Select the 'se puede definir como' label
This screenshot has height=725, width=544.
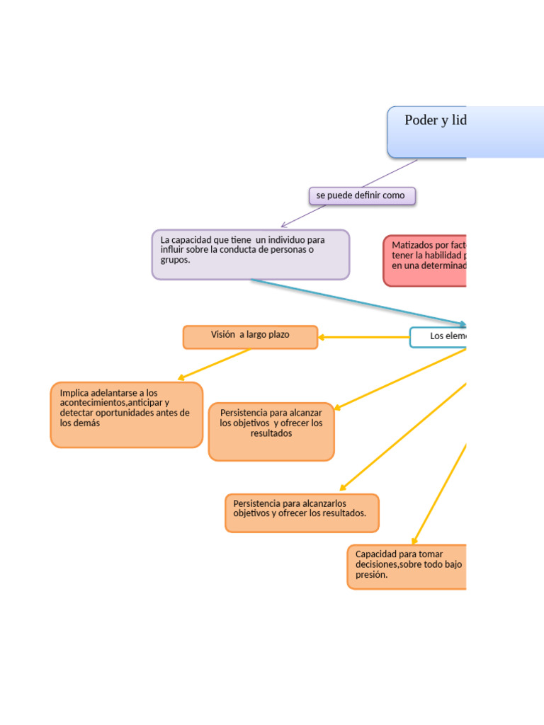point(362,195)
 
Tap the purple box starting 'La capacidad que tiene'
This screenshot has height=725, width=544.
point(250,254)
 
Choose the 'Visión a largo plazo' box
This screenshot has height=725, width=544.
point(250,337)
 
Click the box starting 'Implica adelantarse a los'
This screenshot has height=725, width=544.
point(126,415)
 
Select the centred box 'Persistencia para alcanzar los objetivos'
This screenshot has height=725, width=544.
point(271,431)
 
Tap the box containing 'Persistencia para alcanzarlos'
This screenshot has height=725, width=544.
point(302,513)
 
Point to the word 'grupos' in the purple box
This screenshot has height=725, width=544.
point(175,260)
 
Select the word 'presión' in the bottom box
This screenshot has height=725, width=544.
point(371,575)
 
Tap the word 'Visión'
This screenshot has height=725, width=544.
point(222,334)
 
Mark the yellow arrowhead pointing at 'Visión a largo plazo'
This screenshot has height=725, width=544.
point(322,338)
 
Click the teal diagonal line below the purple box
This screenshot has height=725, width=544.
point(354,302)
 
